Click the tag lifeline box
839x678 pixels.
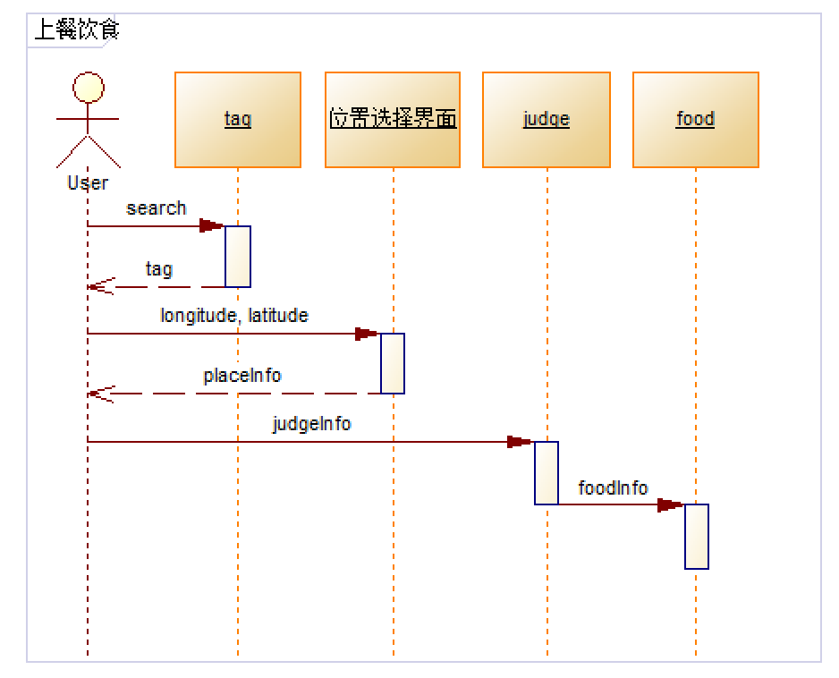pos(238,120)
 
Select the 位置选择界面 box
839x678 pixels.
pos(393,120)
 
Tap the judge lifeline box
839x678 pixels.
pos(547,120)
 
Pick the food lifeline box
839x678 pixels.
pos(695,120)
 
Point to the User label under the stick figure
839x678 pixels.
pos(88,183)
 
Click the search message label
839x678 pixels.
pos(157,208)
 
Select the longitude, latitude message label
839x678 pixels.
pos(234,316)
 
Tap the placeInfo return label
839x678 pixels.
pos(242,376)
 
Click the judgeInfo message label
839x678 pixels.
pos(312,424)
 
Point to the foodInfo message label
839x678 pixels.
pos(613,488)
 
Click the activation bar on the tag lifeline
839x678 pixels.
pos(238,257)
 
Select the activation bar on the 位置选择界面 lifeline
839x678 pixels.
pos(393,363)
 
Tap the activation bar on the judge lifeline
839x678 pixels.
pos(547,472)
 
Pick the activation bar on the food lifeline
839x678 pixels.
pos(697,536)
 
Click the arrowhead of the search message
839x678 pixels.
pos(212,226)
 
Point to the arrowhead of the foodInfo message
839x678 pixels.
pos(670,505)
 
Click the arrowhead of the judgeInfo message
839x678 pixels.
pos(520,442)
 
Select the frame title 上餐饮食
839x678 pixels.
pos(77,31)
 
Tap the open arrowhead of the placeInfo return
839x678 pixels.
pos(101,394)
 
